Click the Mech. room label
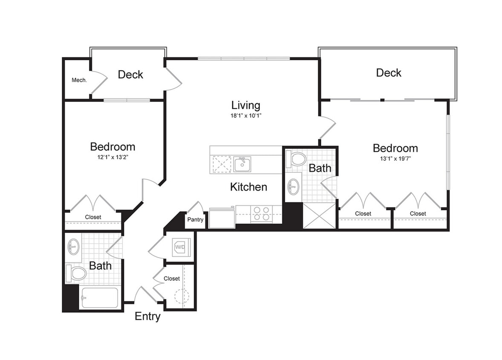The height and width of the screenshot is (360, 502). [79, 80]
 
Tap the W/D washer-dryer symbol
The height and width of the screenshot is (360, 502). [180, 247]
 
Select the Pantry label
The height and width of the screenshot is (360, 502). [195, 220]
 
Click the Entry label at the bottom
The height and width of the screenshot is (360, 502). [147, 316]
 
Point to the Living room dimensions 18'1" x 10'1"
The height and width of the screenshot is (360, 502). [245, 115]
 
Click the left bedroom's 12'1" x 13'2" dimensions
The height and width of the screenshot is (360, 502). [113, 157]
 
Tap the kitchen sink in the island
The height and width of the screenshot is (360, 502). [242, 164]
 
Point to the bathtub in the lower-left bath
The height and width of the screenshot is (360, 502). [100, 298]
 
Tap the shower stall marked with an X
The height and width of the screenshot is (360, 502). [319, 216]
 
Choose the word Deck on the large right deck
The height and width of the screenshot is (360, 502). [388, 73]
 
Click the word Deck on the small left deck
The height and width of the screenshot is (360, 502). [130, 75]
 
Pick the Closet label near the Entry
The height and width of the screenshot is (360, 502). [172, 279]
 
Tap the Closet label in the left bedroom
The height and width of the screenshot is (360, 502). [93, 217]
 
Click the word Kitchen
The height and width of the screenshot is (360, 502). [248, 187]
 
